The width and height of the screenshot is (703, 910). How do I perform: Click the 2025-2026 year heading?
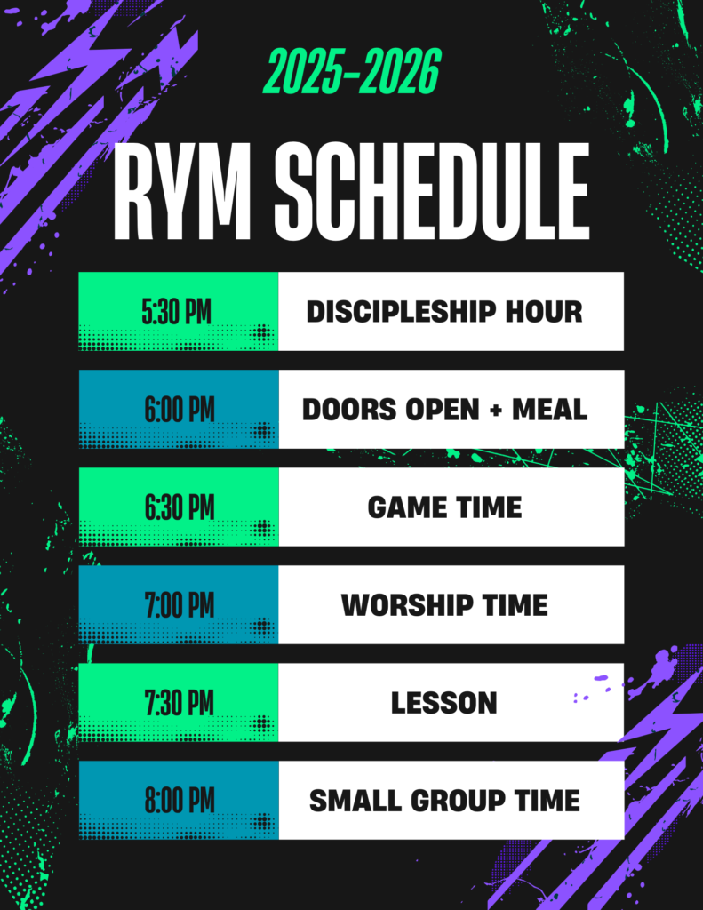pos(352,72)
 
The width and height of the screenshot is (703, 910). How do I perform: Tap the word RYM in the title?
pos(181,191)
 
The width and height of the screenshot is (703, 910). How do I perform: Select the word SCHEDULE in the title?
pos(431,191)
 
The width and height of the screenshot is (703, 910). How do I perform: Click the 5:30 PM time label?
pos(177,312)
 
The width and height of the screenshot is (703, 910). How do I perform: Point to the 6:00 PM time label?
pos(180,409)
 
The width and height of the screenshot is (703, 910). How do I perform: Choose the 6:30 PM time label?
pos(180,507)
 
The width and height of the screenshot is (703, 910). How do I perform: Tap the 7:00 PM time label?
pos(180,604)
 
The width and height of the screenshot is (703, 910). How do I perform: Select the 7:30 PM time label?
pos(180,703)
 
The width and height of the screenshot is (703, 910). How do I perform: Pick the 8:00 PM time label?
pos(180,801)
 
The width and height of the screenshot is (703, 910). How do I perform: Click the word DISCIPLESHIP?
pos(401,312)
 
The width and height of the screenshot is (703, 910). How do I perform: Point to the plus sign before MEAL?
pos(496,411)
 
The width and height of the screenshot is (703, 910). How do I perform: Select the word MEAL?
pos(550,410)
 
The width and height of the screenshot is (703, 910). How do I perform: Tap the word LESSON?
pos(444,703)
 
